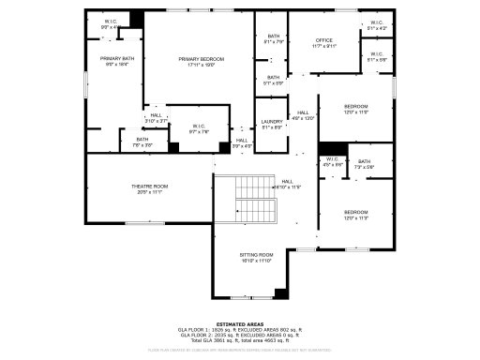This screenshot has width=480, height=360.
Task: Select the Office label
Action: point(324,41)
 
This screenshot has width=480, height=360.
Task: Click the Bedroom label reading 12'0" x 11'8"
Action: point(355,108)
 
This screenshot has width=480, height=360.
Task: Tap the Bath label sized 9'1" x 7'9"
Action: point(273,38)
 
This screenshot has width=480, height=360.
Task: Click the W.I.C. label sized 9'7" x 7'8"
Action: point(200,128)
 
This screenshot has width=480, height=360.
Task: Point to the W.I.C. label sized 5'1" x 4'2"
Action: point(377,25)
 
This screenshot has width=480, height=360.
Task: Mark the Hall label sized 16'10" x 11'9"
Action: point(287,183)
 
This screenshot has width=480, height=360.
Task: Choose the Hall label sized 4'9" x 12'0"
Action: point(302,113)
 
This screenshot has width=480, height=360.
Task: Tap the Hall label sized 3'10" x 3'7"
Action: point(157,119)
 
